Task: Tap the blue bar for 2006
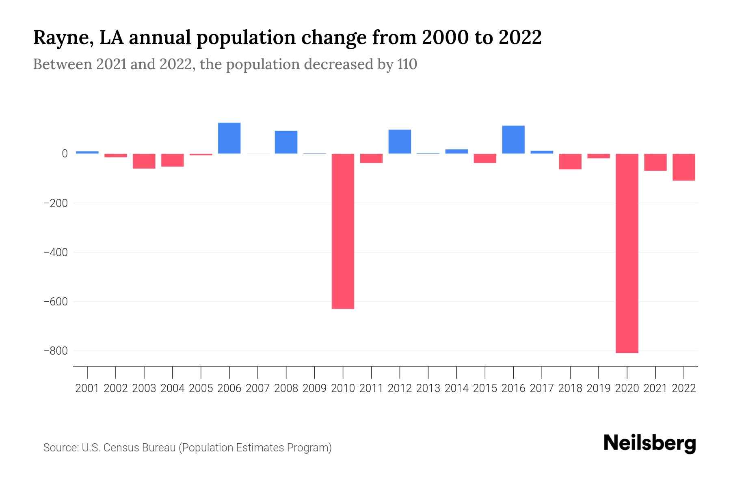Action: point(229,138)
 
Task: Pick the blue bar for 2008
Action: point(286,142)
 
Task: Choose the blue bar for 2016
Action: point(513,139)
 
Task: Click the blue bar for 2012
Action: point(400,142)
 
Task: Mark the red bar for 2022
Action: point(683,167)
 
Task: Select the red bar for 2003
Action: point(144,161)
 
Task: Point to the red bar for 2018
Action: point(570,161)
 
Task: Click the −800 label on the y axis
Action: point(56,351)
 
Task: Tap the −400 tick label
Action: point(56,252)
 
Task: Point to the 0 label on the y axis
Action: point(65,154)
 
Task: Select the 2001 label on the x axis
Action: point(87,388)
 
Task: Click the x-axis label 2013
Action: point(428,388)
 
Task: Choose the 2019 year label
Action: point(598,388)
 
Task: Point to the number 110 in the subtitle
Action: point(407,64)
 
